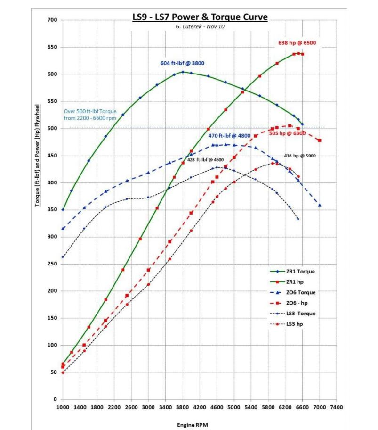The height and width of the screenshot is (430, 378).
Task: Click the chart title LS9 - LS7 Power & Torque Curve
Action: coord(200,17)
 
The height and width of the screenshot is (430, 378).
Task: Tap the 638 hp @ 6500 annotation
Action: coord(297,43)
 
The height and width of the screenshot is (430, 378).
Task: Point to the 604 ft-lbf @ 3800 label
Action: coord(183,63)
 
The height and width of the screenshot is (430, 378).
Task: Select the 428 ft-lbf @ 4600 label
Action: coord(206,160)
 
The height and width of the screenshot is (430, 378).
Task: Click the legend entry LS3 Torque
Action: coord(300,314)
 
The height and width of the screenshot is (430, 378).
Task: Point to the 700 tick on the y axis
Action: coord(52,20)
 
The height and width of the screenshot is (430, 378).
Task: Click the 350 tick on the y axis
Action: coord(52,210)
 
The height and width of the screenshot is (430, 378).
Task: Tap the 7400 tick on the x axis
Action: coord(337,407)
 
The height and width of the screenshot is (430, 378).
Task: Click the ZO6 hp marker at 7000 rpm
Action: coord(320,141)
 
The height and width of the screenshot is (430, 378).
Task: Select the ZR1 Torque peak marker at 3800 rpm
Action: coord(183,72)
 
